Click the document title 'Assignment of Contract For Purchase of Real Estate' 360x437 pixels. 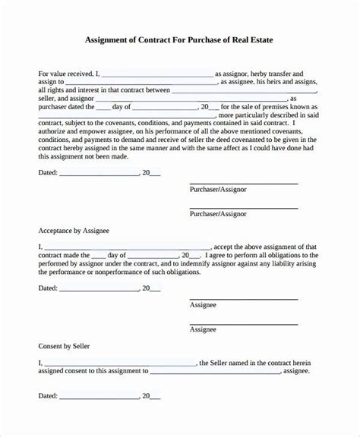[x=179, y=40]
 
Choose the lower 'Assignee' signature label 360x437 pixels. [x=203, y=329]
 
